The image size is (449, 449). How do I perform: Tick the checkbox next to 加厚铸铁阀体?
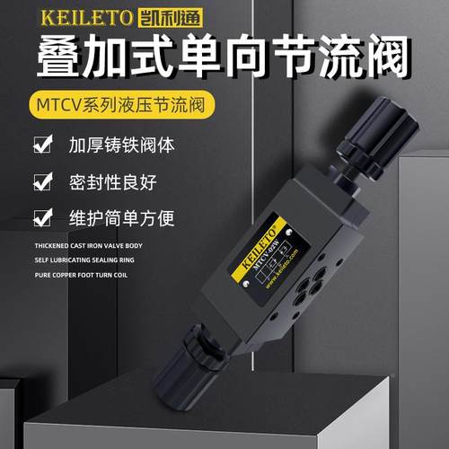point(40,144)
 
